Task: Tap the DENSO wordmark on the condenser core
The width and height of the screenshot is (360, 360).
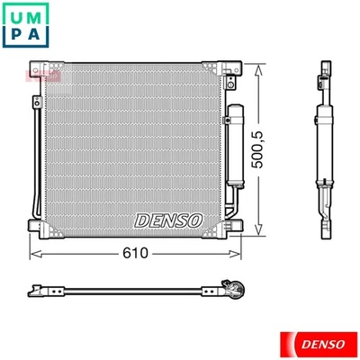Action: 170,220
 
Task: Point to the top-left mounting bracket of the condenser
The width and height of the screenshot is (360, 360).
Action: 41,69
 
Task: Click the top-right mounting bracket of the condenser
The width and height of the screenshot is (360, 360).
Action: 230,69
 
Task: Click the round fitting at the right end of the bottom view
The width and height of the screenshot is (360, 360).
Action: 238,290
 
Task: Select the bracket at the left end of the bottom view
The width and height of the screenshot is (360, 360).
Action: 38,290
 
